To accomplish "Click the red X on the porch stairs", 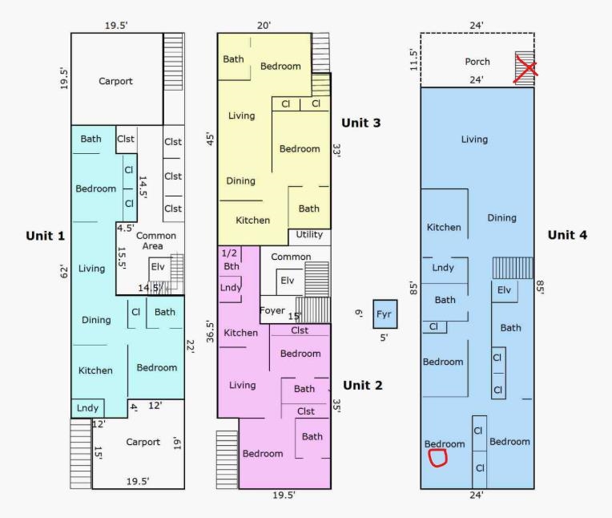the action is pos(525,69).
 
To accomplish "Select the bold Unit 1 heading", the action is pos(46,236).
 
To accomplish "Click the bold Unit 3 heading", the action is pos(361,123).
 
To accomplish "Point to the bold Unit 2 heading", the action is pos(363,385).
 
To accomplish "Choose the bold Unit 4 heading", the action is pos(567,235).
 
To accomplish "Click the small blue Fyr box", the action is pos(385,314).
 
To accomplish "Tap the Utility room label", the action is pos(309,234).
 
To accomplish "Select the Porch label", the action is pos(477,62).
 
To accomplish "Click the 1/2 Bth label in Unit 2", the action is pos(230,259).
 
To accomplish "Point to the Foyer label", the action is pos(272,310).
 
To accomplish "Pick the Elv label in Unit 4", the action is pos(504,289).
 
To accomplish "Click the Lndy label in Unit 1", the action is pos(87,408).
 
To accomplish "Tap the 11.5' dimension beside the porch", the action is pos(413,60).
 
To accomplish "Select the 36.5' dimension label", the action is pos(211,332).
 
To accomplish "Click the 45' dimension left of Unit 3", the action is pos(211,139).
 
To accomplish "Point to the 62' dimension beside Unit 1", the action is pos(64,272).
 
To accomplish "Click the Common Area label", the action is pos(155,241).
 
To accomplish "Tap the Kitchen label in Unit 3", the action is pos(253,221).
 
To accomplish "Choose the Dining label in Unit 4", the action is pos(502,218).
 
